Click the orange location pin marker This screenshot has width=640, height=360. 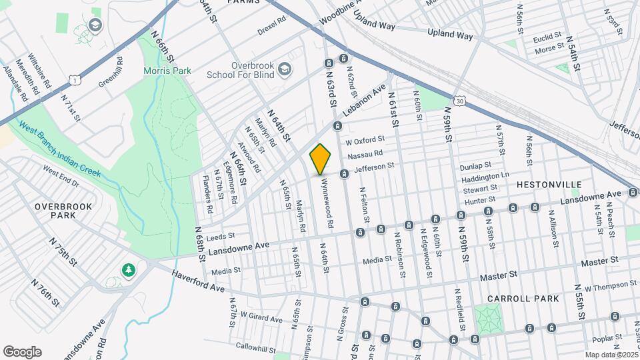tap(321, 159)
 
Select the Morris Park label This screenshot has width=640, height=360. tap(167, 71)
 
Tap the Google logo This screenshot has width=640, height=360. tap(21, 352)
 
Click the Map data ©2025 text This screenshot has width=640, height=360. tap(611, 355)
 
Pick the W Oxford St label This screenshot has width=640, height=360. tap(365, 141)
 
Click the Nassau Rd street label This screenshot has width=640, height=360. tap(365, 154)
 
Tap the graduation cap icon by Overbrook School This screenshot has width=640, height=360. tap(285, 68)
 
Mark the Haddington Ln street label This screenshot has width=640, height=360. tap(485, 177)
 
